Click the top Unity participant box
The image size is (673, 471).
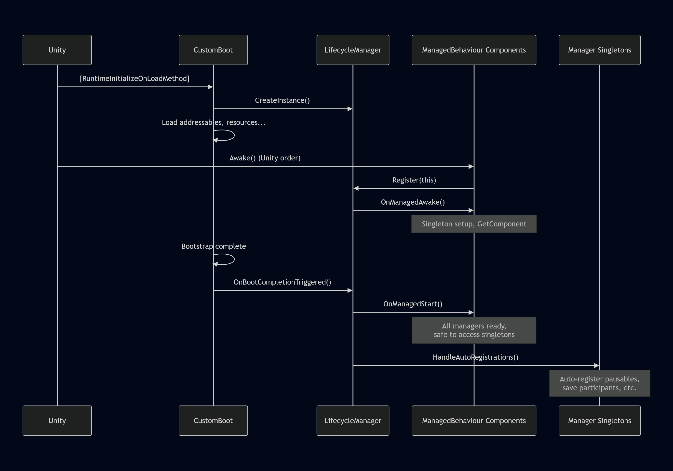coord(57,50)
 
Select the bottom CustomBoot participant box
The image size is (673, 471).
coord(213,421)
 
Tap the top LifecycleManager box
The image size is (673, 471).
coord(353,50)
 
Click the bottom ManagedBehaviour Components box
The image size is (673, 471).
coord(474,421)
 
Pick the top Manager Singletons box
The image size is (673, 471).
coord(599,50)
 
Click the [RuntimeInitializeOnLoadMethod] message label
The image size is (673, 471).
coord(135,78)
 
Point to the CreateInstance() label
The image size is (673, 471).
coord(282,101)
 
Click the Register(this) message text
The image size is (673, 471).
coord(414,180)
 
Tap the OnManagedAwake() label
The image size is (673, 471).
coord(413,202)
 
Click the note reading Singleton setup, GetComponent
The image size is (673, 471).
coord(474,224)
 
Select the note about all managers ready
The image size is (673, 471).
coord(474,330)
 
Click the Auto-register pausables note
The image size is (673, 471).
coord(599,383)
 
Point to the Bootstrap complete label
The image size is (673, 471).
coord(213,246)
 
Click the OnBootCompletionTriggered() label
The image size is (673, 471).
coord(282,282)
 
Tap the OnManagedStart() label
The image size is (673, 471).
coord(413,304)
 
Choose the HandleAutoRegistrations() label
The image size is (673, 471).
coord(475,357)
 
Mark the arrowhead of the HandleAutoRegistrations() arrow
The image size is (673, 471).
coord(596,366)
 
